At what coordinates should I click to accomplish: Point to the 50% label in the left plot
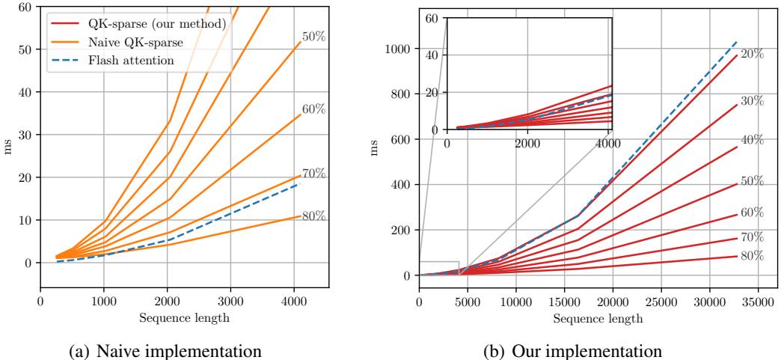pyautogui.click(x=313, y=36)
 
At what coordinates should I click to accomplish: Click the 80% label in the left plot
pyautogui.click(x=313, y=216)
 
